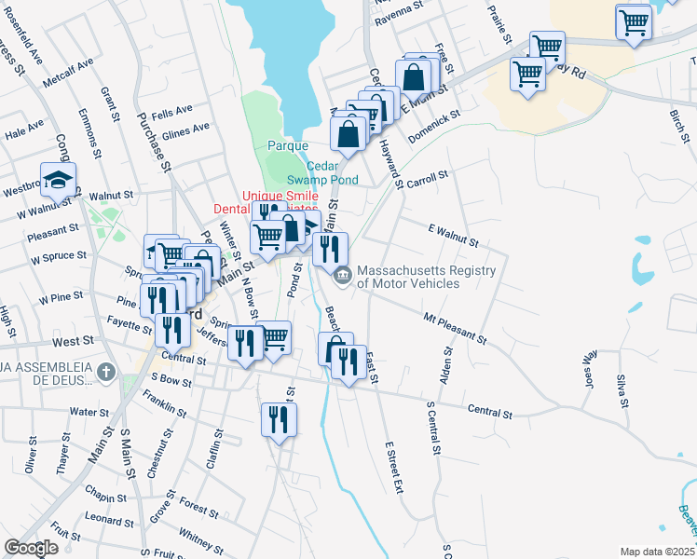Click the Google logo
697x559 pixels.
[31, 547]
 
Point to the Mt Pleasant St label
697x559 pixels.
[456, 326]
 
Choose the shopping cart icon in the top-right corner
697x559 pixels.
[634, 20]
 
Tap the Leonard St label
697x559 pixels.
[110, 519]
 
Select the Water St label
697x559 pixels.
[89, 411]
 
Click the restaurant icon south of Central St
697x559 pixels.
[279, 419]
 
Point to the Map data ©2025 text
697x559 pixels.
[656, 552]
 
